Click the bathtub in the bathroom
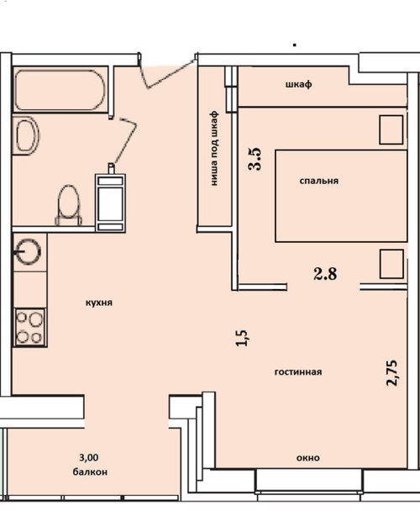60,90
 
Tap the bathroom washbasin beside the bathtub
26,135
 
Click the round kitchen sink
28,251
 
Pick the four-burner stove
29,327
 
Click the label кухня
99,303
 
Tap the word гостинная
298,371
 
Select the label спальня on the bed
319,181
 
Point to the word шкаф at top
299,84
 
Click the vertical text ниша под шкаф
213,148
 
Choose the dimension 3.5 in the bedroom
255,159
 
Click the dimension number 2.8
325,274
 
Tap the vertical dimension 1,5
243,338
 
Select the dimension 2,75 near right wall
391,373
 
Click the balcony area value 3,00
89,457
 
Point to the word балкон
90,472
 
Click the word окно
308,458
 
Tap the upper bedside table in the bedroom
391,129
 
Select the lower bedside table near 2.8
391,264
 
